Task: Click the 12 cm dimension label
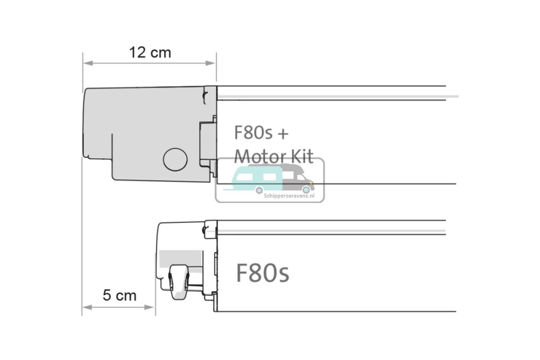[150, 53]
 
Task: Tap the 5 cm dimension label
[119, 295]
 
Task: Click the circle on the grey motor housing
[175, 159]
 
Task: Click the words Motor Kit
[273, 156]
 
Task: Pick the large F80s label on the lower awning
[262, 274]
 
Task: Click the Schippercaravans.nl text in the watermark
[288, 195]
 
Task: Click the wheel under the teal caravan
[259, 189]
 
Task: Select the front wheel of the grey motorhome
[306, 189]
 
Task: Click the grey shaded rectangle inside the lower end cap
[179, 258]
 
